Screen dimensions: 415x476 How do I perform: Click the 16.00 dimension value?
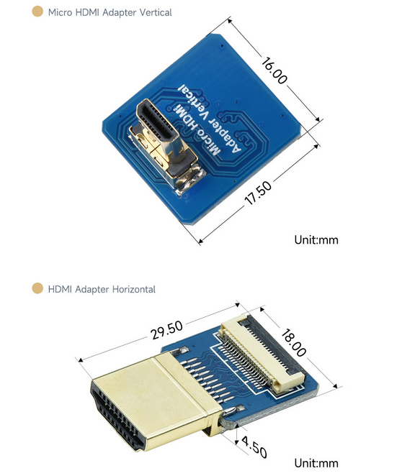(274, 70)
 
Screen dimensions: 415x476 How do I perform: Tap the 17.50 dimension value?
(258, 193)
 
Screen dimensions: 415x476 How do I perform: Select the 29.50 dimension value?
(166, 330)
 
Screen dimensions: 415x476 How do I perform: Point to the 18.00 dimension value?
(293, 343)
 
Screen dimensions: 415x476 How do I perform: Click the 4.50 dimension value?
(254, 447)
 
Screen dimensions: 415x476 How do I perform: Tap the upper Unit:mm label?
(316, 240)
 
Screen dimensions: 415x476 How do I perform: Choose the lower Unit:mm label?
(316, 463)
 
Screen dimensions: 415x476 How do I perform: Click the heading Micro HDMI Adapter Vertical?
(110, 12)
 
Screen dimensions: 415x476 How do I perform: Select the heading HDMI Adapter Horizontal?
(102, 289)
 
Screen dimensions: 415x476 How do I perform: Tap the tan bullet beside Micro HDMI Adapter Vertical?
(37, 12)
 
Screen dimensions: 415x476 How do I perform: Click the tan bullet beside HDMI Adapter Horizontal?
(37, 288)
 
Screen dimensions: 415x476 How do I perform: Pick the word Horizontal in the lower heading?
(134, 289)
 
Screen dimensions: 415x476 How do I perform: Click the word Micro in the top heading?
(60, 12)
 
